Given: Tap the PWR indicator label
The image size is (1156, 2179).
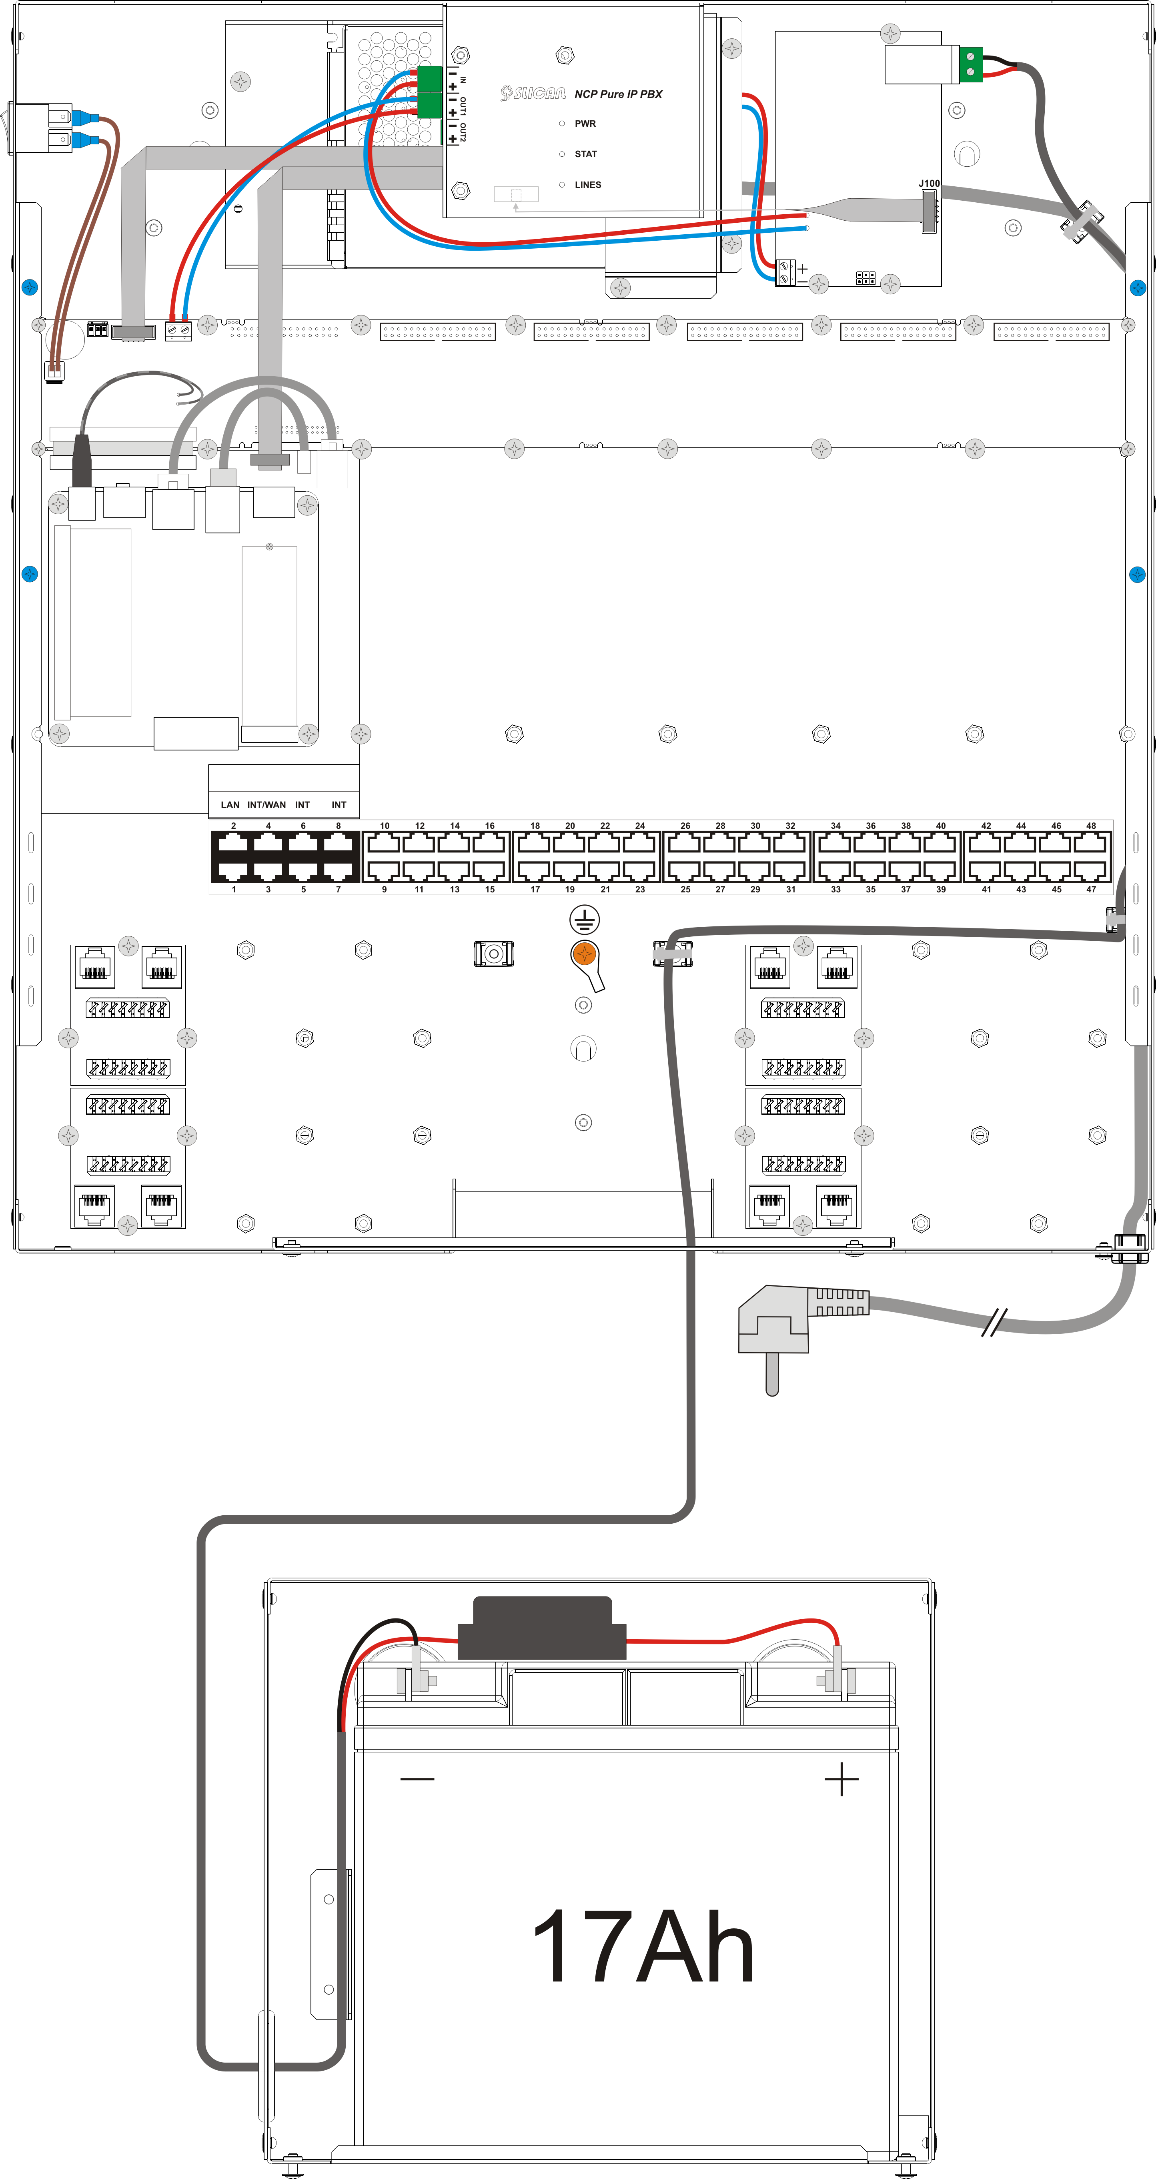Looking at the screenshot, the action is pyautogui.click(x=585, y=124).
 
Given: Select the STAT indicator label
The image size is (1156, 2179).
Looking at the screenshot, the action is pyautogui.click(x=586, y=154).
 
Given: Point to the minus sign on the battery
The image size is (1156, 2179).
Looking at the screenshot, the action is pyautogui.click(x=417, y=1779).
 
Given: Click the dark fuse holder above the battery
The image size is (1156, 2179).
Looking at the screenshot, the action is pyautogui.click(x=542, y=1626).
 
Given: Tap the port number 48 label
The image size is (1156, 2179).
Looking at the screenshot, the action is pyautogui.click(x=1091, y=826).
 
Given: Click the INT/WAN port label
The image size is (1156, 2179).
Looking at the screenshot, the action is pyautogui.click(x=266, y=804).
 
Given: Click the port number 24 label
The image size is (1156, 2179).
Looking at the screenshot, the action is pyautogui.click(x=640, y=826).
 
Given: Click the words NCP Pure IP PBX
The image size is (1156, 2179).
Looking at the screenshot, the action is pyautogui.click(x=619, y=94).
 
